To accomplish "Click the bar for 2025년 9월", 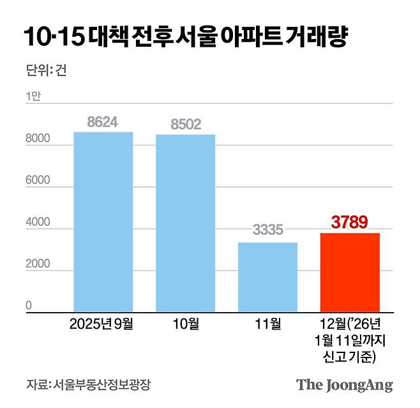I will [x=103, y=221].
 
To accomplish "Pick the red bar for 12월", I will [x=350, y=272].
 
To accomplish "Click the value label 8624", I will [x=103, y=122].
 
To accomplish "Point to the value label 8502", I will [x=186, y=124].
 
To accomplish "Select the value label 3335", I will [x=267, y=231].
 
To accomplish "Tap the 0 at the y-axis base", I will [x=29, y=306].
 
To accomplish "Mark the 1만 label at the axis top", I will [x=33, y=96].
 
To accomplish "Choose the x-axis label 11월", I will [x=267, y=324].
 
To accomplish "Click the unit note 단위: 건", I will [x=45, y=70].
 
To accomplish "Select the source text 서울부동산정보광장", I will [x=105, y=385].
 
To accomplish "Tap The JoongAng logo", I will [x=344, y=385].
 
